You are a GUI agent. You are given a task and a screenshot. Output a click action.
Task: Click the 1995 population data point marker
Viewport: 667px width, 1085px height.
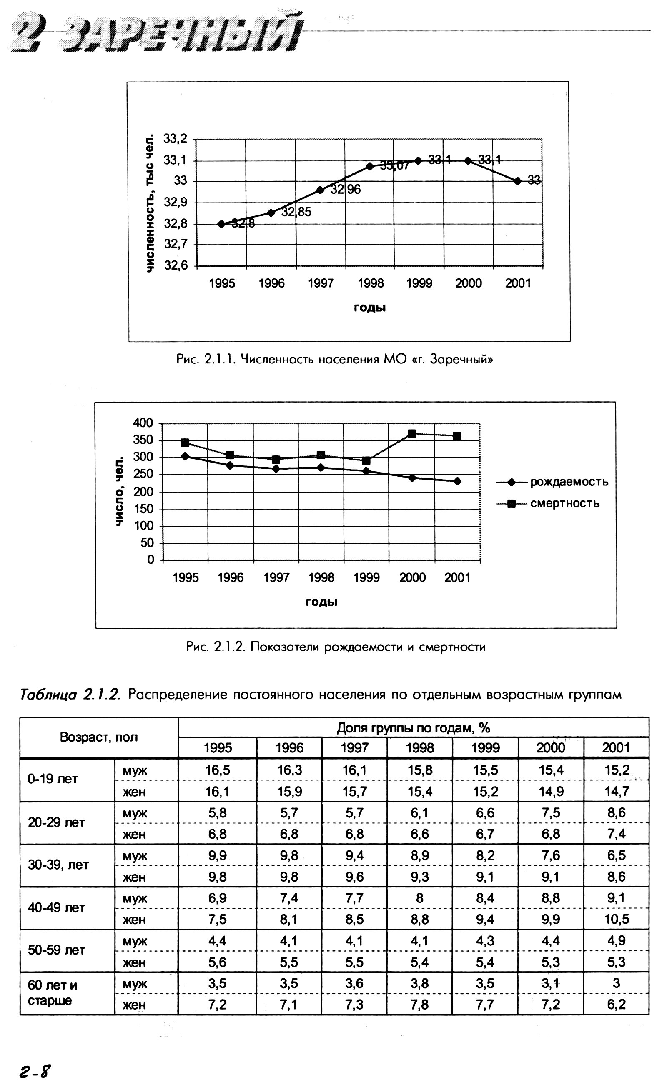pyautogui.click(x=221, y=224)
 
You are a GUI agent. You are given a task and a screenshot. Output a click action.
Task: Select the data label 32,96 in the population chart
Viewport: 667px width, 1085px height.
pyautogui.click(x=346, y=189)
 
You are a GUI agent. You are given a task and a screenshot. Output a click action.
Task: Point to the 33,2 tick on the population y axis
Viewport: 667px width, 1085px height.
pyautogui.click(x=175, y=139)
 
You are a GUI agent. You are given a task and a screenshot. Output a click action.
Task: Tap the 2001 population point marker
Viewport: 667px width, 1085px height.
pyautogui.click(x=517, y=181)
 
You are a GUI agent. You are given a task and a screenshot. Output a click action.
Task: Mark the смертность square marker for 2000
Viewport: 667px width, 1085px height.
pyautogui.click(x=412, y=433)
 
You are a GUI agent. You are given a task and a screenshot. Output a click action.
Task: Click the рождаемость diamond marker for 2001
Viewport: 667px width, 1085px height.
pyautogui.click(x=457, y=481)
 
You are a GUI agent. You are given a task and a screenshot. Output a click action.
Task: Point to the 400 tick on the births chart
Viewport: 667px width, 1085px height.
pyautogui.click(x=143, y=423)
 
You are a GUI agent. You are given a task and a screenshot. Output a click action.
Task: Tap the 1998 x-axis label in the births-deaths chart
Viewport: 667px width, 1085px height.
pyautogui.click(x=321, y=577)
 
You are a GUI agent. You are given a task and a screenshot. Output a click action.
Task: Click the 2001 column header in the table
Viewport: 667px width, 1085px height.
pyautogui.click(x=616, y=748)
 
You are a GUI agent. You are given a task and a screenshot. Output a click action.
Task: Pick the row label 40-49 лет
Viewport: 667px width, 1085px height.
pyautogui.click(x=56, y=908)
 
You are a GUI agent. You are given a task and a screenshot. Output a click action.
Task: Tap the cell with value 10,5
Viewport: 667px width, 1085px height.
pyautogui.click(x=616, y=919)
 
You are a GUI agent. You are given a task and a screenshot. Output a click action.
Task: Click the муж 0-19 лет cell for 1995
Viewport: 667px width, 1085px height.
pyautogui.click(x=218, y=770)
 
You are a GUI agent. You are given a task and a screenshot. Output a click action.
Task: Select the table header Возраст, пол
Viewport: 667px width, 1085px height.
pyautogui.click(x=99, y=737)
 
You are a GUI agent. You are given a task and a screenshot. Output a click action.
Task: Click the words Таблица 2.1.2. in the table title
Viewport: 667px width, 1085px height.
pyautogui.click(x=70, y=695)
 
